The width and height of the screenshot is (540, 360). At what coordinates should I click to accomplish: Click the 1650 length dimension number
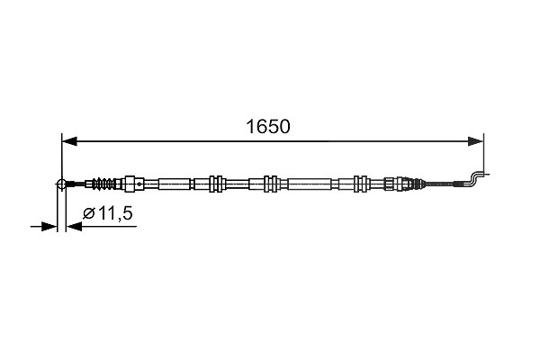268,126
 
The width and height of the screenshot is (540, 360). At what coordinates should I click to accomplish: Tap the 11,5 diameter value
115,213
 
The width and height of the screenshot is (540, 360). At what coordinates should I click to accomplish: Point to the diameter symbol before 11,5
88,214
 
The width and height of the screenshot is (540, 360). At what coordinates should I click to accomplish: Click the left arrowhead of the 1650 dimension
69,141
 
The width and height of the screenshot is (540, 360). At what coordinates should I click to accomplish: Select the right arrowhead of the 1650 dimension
475,141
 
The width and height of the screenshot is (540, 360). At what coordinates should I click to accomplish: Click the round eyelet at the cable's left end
61,184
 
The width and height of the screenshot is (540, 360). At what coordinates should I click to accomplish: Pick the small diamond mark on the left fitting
139,184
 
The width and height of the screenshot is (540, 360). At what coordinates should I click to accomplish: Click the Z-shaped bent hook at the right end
476,178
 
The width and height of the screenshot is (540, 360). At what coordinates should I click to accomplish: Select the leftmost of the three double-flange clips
216,184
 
